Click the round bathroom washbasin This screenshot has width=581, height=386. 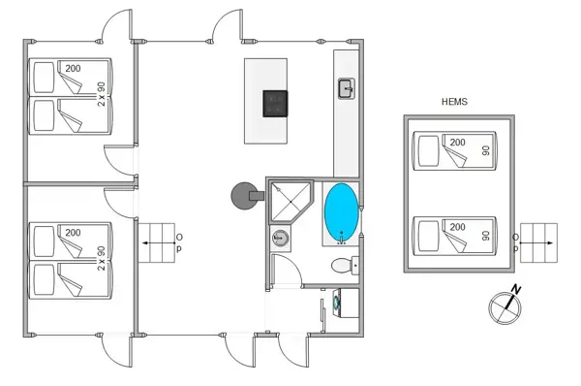click(281, 237)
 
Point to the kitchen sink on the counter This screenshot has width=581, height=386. click(346, 89)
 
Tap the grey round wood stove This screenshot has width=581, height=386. click(240, 198)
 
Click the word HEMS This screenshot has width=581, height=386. click(454, 101)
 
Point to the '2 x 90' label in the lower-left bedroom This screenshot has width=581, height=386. click(101, 258)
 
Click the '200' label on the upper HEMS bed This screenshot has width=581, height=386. click(456, 143)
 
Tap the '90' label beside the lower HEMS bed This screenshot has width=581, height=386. click(486, 235)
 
